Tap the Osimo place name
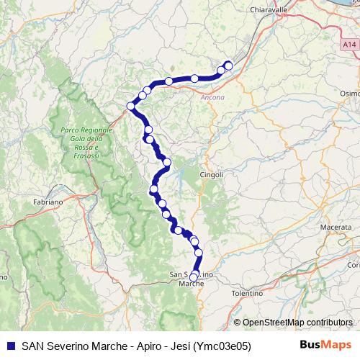pos(350,93)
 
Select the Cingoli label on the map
pos(211,174)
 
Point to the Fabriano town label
pos(48,202)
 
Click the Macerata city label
pos(336,227)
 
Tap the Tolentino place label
pos(248,294)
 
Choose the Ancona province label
pos(212,97)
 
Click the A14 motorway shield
pos(349,45)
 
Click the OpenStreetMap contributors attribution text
pos(293,323)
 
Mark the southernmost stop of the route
pos(193,276)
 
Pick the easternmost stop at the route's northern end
pos(229,66)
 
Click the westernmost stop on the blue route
pos(131,106)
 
